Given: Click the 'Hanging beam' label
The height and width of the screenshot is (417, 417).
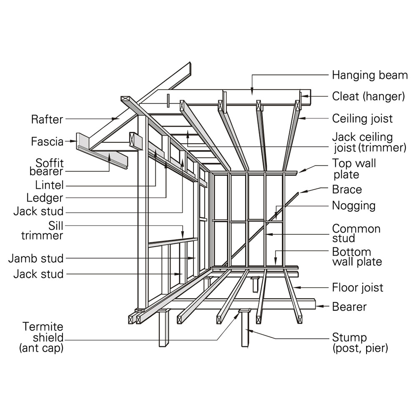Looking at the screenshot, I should pos(369,75).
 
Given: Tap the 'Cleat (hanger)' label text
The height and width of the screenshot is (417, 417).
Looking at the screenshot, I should pos(368,97).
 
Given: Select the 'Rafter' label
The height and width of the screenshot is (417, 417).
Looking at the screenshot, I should pos(47,120).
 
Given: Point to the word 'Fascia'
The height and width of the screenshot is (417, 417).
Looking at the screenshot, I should pos(47,142).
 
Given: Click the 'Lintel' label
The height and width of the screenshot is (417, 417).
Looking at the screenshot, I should pos(50,184).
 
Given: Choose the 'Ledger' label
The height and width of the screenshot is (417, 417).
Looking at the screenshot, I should pos(45,198).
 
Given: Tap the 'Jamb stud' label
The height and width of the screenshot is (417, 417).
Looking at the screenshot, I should pos(36,259).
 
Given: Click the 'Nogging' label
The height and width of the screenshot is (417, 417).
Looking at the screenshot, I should pos(354,206).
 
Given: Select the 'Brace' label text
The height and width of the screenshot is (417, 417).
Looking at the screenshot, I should pos(347,189).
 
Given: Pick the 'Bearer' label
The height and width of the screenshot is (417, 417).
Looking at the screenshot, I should pos(349,307).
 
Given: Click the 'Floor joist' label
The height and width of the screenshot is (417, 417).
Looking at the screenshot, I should pos(357,288).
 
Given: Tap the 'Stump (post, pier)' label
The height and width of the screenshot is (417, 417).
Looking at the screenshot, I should pos(359,342).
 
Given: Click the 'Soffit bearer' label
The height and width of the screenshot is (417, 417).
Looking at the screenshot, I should pos(46,167).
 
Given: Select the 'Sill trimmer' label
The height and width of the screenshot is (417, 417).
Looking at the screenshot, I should pos(42,231).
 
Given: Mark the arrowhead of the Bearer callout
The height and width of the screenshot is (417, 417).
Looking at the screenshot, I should pos(318,306).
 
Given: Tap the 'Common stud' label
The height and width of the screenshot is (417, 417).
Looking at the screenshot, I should pos(356,234).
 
